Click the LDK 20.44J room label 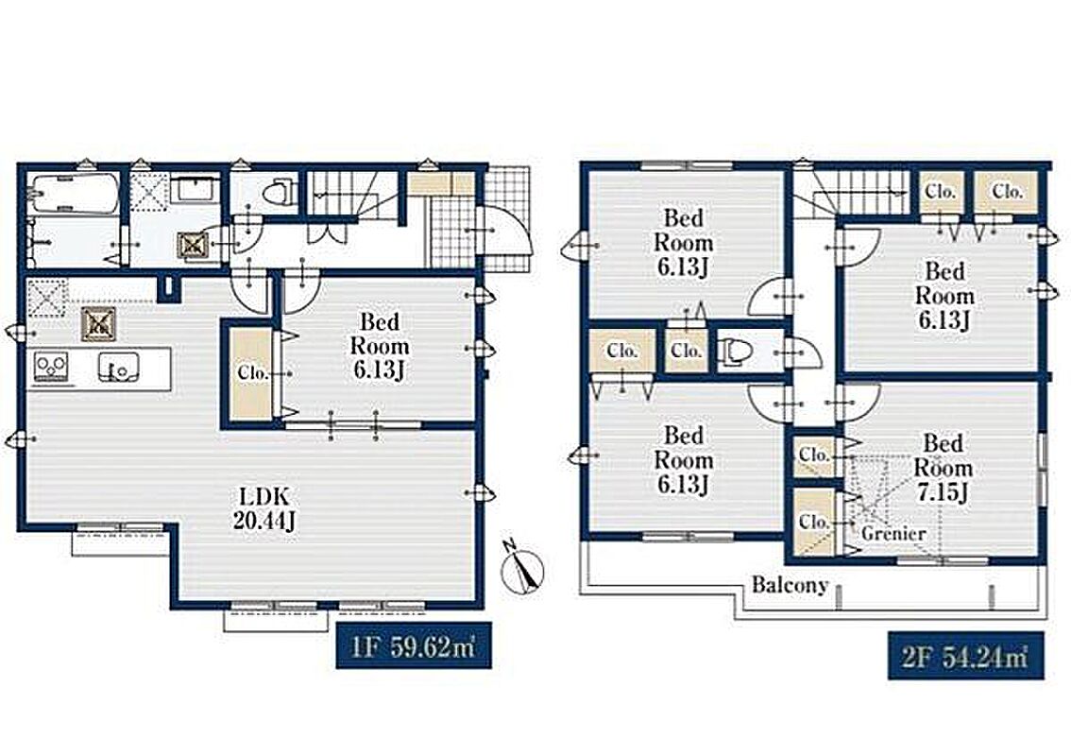click(x=263, y=507)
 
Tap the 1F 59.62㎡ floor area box click(x=414, y=645)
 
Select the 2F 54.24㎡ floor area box click(x=966, y=656)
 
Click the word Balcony click(x=790, y=585)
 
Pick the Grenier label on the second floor click(x=893, y=533)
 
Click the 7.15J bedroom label click(x=943, y=468)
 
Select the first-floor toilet click(x=280, y=190)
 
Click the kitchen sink click(x=118, y=366)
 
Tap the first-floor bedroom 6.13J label click(x=380, y=346)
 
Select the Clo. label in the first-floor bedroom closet click(x=252, y=373)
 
